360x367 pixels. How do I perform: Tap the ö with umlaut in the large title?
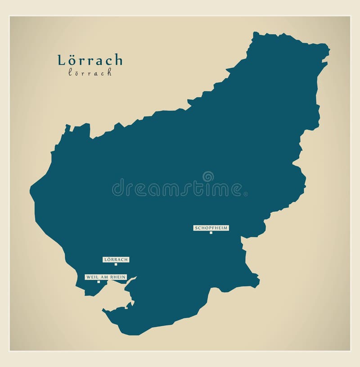(x=72, y=60)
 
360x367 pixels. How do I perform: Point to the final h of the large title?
(x=117, y=60)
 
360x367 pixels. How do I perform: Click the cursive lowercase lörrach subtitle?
(x=90, y=72)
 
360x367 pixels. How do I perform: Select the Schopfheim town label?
(x=211, y=228)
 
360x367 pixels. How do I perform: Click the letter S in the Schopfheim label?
(x=196, y=228)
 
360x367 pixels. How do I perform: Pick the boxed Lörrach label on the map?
(x=116, y=259)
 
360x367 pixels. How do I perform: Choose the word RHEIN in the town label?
(x=117, y=277)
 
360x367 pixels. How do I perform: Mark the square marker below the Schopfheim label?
(x=211, y=233)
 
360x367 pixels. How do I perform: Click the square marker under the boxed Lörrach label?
(x=116, y=264)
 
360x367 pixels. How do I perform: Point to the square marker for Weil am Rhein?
(x=99, y=282)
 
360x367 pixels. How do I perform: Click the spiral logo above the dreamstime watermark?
(x=208, y=176)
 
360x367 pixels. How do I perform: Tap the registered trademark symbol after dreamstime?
(x=245, y=194)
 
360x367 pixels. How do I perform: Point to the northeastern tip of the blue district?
(x=328, y=46)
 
